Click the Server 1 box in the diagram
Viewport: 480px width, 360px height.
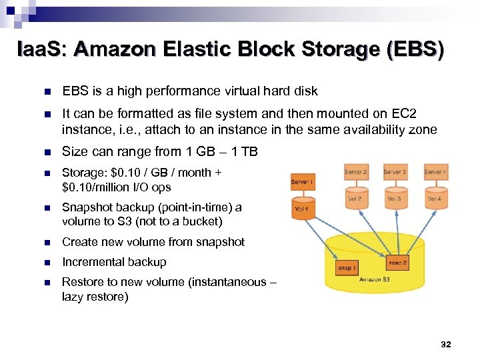303,182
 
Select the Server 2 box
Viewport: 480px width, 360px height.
355,172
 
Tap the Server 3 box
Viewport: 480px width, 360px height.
395,172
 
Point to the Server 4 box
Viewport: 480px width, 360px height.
435,172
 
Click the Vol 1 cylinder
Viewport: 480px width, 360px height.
302,208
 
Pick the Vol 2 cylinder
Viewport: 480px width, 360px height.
355,198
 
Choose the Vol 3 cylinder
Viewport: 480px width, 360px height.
395,198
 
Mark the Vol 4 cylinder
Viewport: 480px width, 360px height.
435,198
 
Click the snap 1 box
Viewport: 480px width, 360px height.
347,267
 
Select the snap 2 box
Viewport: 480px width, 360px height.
398,261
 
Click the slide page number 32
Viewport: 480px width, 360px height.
446,345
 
